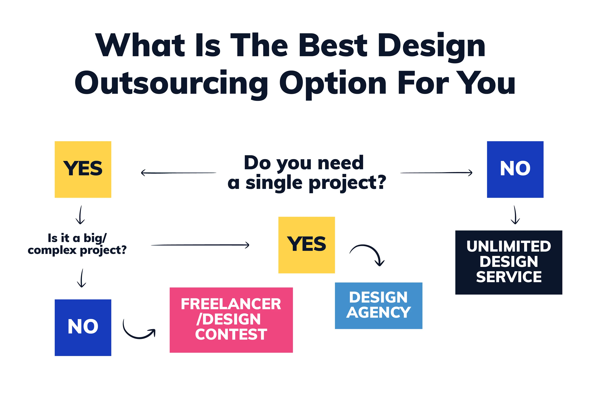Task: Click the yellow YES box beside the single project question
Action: coord(83,169)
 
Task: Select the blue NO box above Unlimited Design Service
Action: coord(515,169)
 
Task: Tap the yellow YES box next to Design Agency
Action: coord(306,245)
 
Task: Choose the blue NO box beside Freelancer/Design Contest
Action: coord(83,327)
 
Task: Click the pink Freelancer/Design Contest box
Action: coord(231,320)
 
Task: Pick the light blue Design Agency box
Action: coord(378,306)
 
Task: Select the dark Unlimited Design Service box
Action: coord(509,262)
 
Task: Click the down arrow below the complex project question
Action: coord(82,278)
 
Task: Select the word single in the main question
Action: coord(273,183)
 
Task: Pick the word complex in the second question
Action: coord(52,250)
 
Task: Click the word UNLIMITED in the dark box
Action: coord(509,247)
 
